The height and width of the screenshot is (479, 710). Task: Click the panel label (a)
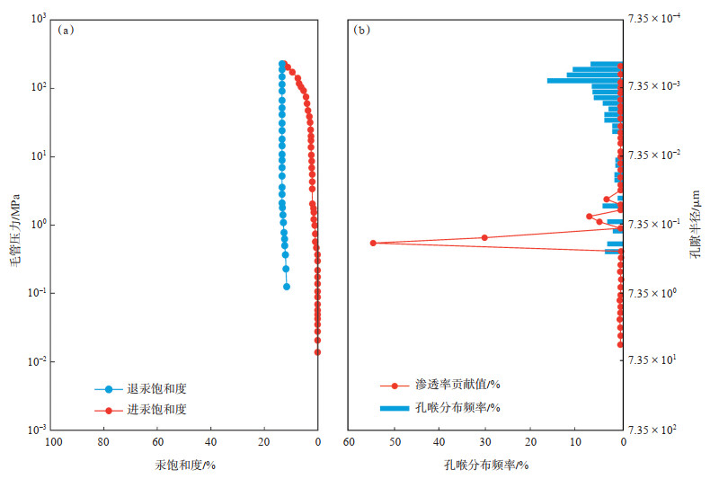click(65, 30)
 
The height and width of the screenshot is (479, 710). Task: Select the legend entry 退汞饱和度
click(163, 389)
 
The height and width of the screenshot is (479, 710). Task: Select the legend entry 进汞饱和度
click(163, 410)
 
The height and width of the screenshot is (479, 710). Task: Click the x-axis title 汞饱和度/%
click(185, 464)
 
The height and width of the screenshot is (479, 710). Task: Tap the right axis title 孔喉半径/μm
click(695, 224)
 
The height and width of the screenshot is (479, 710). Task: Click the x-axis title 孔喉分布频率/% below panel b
click(485, 464)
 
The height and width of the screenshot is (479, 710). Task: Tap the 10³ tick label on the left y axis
click(37, 19)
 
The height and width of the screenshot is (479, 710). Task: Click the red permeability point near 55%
click(373, 243)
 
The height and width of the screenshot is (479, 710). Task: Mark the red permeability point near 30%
click(484, 237)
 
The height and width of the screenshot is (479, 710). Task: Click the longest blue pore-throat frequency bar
click(584, 81)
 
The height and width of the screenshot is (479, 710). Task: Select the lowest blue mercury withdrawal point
click(287, 287)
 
